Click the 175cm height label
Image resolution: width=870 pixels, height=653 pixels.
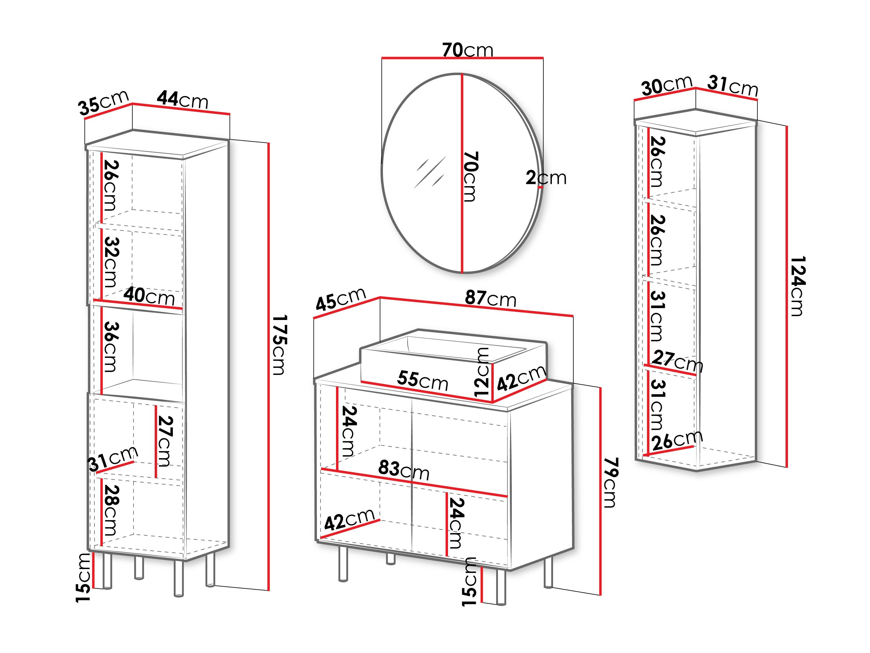pyautogui.click(x=280, y=345)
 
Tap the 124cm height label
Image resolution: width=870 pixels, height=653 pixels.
pyautogui.click(x=798, y=286)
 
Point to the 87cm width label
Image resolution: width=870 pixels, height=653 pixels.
pyautogui.click(x=490, y=298)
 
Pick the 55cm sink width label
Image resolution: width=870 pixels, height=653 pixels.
pyautogui.click(x=423, y=380)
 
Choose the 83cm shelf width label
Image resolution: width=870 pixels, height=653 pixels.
pyautogui.click(x=404, y=470)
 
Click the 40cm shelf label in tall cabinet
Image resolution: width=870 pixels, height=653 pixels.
pyautogui.click(x=149, y=296)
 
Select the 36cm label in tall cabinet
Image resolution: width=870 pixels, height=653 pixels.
pyautogui.click(x=110, y=347)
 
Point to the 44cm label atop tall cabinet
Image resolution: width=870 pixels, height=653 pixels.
pyautogui.click(x=183, y=100)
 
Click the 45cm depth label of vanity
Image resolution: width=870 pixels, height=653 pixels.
pyautogui.click(x=341, y=299)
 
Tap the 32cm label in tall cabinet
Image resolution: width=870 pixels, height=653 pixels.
pyautogui.click(x=110, y=262)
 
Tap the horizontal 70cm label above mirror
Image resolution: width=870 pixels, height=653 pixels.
pyautogui.click(x=468, y=50)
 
